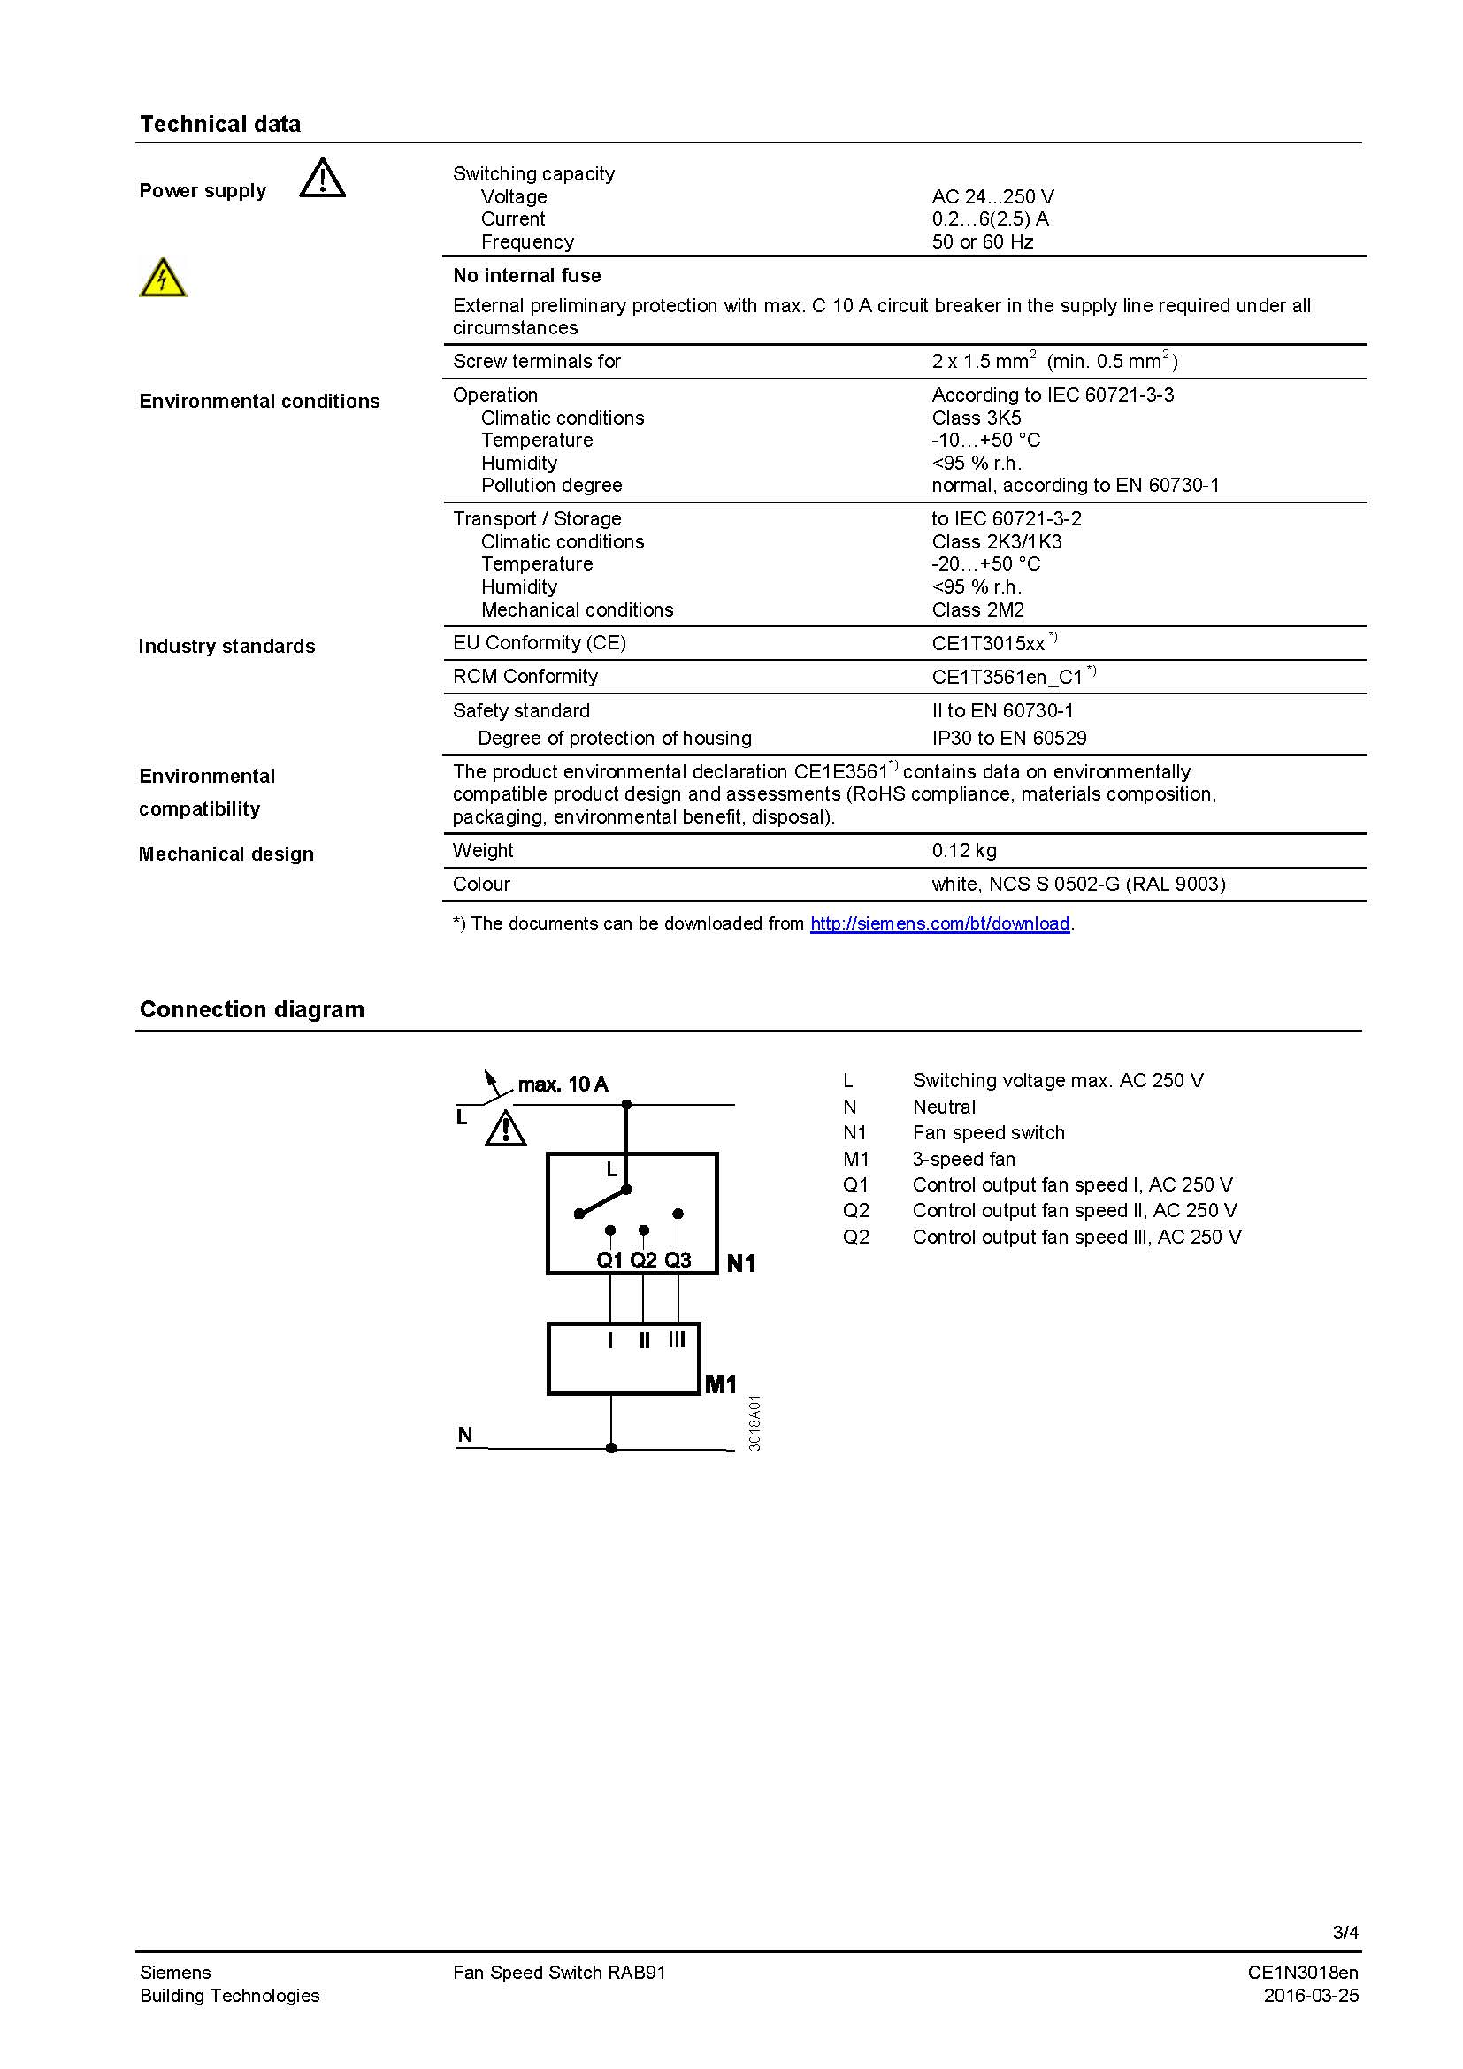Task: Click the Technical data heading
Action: [x=220, y=125]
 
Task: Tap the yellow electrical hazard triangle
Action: [x=163, y=278]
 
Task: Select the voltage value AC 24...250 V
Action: [x=992, y=196]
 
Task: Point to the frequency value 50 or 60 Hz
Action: [x=982, y=241]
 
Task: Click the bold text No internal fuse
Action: [x=526, y=276]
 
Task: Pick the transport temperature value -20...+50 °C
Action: [x=985, y=564]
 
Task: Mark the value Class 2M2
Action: [x=977, y=610]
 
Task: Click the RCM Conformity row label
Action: [x=525, y=677]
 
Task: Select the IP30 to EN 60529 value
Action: [x=1009, y=738]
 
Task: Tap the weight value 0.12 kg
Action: [x=964, y=851]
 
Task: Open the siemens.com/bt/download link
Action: [x=939, y=923]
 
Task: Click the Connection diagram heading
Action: [x=251, y=1009]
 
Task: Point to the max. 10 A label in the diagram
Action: [x=563, y=1084]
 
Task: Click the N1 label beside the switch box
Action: [x=740, y=1263]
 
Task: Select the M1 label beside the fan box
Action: [x=720, y=1384]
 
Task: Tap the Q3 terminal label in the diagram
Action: [x=678, y=1260]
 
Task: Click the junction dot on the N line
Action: [x=611, y=1448]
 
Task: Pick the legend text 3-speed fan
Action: [x=963, y=1159]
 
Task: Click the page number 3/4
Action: [x=1345, y=1932]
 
